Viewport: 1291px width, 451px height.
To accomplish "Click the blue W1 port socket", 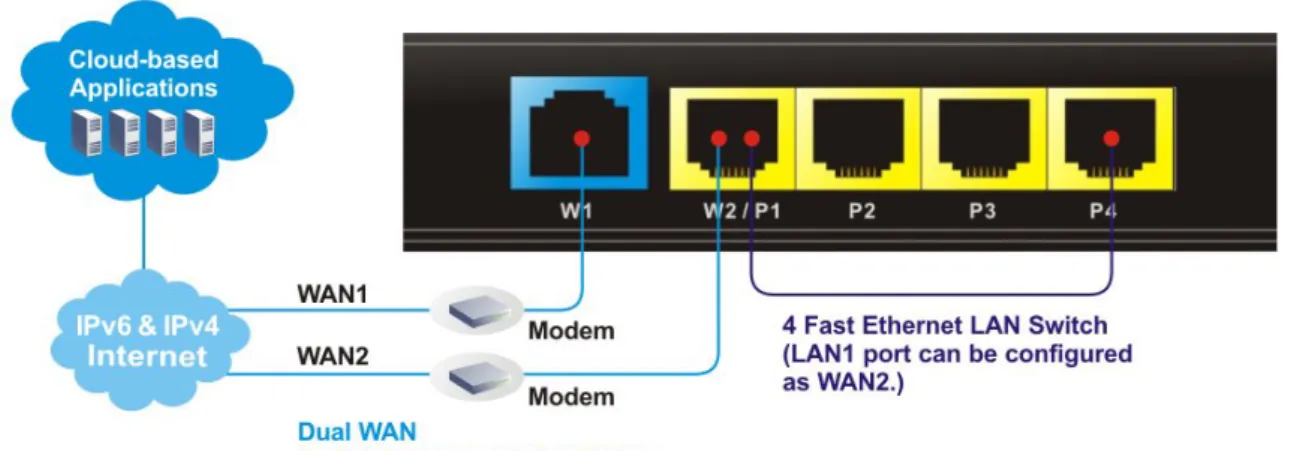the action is (x=579, y=133).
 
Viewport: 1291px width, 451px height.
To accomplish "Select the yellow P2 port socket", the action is (x=858, y=139).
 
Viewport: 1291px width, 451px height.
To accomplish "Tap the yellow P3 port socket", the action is (x=984, y=139).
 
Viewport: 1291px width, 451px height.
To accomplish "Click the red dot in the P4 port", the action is (x=1111, y=138).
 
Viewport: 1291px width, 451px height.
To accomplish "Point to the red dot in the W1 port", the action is (x=582, y=138).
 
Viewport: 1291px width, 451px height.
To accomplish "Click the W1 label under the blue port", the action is (x=576, y=211).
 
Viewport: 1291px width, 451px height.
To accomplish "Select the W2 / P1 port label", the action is (x=742, y=211).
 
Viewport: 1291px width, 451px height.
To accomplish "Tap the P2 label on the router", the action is (x=862, y=211).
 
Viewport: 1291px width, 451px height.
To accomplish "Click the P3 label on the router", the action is (x=982, y=211).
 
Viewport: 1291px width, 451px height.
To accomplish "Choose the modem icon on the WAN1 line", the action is (x=478, y=311).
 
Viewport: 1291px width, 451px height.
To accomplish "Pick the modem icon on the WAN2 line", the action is (x=478, y=377).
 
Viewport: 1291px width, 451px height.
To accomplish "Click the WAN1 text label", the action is (x=333, y=294).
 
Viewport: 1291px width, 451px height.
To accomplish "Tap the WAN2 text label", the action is (x=333, y=356).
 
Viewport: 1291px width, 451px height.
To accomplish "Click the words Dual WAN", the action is (x=357, y=432).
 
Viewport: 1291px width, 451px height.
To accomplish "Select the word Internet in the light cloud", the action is (x=147, y=356).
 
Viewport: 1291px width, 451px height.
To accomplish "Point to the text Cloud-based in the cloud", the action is (x=144, y=59).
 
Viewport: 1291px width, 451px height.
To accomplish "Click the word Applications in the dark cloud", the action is (x=144, y=88).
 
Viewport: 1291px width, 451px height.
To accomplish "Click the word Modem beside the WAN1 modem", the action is (x=571, y=331).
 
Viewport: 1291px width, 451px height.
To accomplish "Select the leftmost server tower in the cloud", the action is (x=86, y=133).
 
